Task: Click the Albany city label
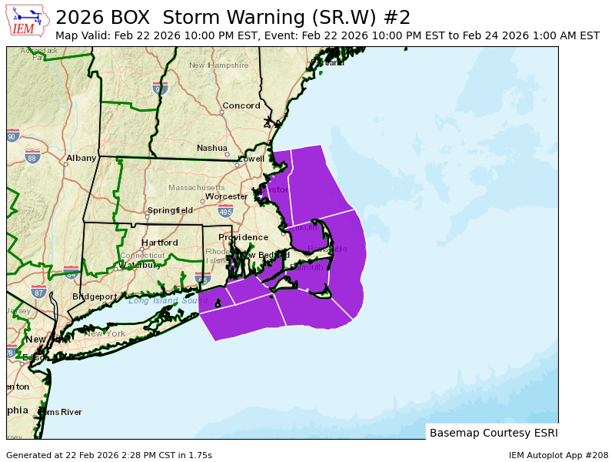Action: (81, 158)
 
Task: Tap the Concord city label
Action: (241, 105)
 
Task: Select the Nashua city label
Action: (211, 148)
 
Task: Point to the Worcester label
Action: (226, 196)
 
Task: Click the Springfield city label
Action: (170, 210)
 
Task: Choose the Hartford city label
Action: (159, 243)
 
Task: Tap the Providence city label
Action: (243, 237)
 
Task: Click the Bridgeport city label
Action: (95, 296)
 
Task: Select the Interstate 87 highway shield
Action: (38, 292)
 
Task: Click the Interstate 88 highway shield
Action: (32, 157)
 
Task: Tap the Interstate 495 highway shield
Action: (225, 211)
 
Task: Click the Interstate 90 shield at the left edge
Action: (12, 136)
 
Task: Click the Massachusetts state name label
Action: (197, 187)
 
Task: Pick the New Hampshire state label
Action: (219, 65)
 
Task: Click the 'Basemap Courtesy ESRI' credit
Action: (494, 433)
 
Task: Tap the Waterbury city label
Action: (140, 265)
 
